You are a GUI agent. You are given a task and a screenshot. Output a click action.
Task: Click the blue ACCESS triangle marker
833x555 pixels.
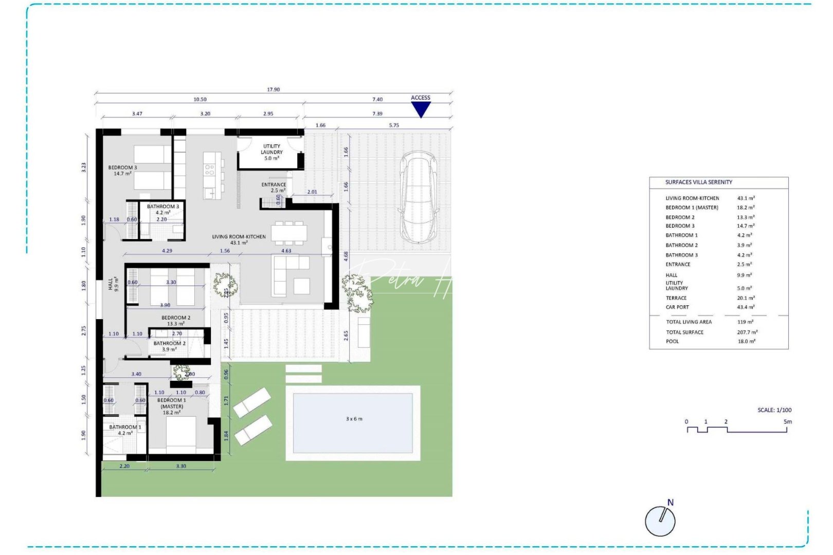[x=421, y=109]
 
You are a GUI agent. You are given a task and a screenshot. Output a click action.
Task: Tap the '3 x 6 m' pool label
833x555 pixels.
[x=354, y=419]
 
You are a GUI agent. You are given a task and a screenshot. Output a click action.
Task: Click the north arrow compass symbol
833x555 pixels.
[x=660, y=520]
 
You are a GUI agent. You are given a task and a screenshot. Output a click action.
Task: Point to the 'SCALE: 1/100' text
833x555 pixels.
[x=774, y=410]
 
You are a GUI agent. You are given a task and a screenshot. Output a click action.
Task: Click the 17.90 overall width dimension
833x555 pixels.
[x=273, y=89]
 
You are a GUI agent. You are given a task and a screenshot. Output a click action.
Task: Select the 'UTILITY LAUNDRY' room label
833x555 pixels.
[x=271, y=150]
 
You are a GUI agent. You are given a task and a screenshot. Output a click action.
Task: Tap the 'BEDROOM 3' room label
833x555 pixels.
[x=122, y=168]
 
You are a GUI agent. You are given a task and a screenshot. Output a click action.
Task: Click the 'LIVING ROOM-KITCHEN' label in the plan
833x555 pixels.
[x=239, y=237]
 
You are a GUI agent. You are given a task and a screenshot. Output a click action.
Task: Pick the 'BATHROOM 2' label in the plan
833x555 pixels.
[x=169, y=343]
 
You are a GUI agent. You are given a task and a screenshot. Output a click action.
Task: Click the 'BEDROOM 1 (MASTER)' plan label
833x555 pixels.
[x=171, y=403]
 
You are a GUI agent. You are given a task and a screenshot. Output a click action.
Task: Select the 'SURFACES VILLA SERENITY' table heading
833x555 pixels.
[x=698, y=182]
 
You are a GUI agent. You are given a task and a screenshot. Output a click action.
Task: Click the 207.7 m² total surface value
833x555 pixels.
[x=747, y=332]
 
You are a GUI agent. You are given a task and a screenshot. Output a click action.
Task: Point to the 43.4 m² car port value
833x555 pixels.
[x=746, y=307]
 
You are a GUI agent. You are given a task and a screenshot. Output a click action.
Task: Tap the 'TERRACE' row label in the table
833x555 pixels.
[x=676, y=298]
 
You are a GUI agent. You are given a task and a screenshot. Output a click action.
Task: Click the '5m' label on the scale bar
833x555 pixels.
[x=787, y=422]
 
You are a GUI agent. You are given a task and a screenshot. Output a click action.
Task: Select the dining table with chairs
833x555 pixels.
[x=289, y=233]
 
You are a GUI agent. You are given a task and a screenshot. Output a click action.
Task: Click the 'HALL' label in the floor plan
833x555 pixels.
[x=111, y=284]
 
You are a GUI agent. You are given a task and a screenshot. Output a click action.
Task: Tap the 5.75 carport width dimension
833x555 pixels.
[x=393, y=125]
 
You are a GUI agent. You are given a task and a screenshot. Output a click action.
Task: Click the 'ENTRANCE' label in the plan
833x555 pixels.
[x=273, y=184]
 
